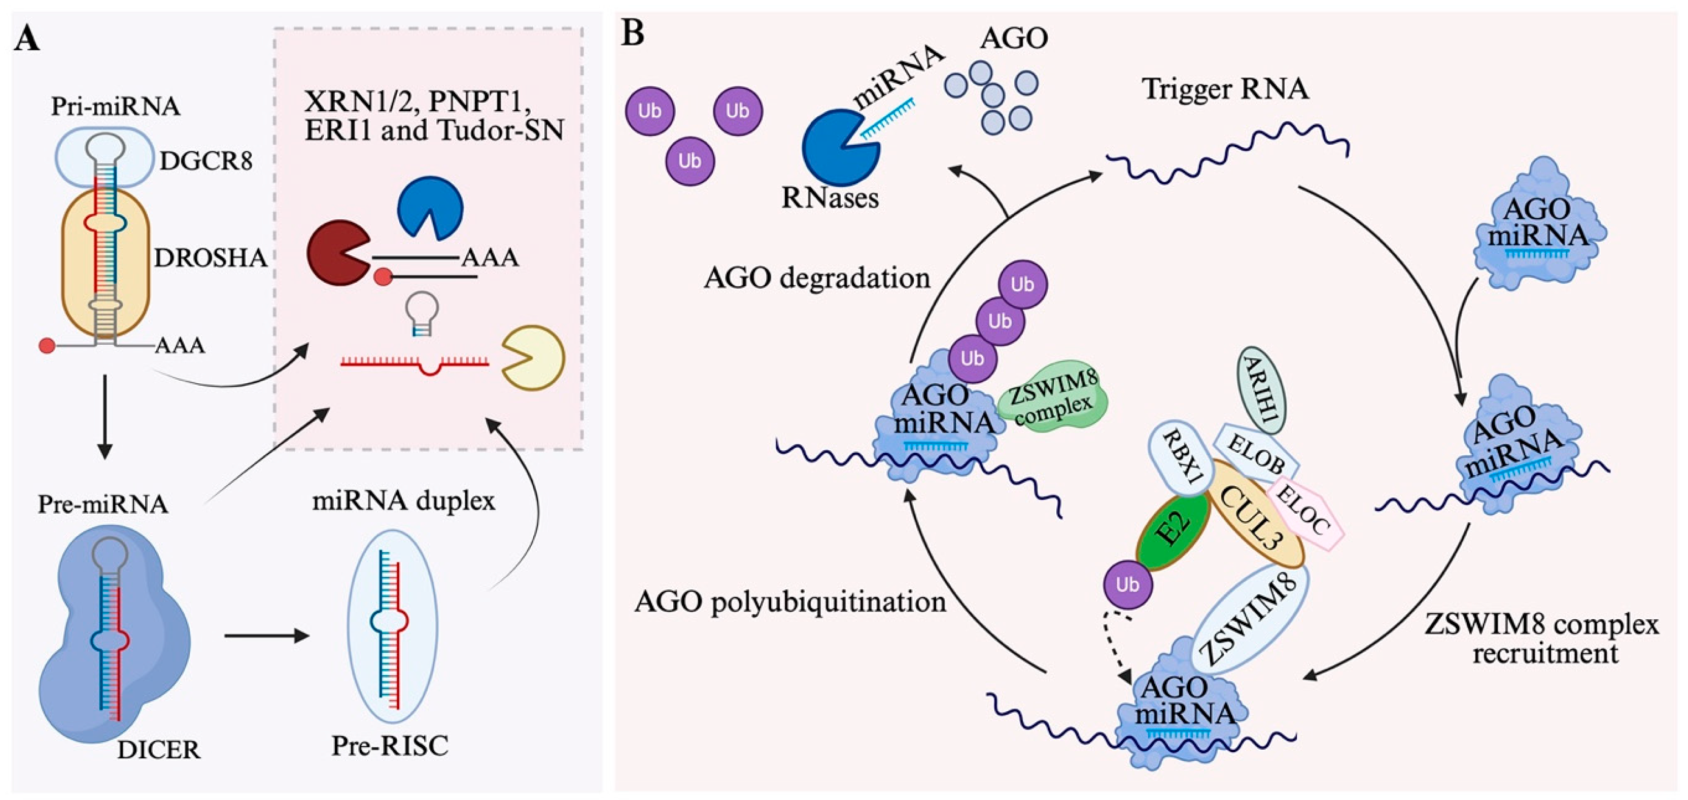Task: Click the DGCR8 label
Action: [206, 160]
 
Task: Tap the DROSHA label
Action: [211, 258]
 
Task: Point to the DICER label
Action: [159, 749]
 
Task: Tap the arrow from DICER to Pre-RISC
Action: [266, 636]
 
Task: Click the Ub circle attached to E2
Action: [1127, 584]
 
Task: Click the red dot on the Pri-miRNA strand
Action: [47, 346]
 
